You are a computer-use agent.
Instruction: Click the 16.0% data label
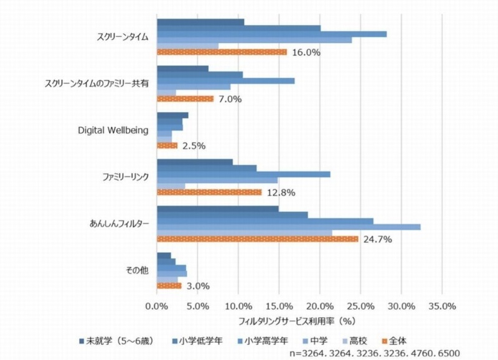(x=306, y=53)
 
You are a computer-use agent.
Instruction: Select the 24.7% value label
(x=377, y=239)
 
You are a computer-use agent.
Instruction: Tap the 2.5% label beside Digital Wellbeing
(x=192, y=146)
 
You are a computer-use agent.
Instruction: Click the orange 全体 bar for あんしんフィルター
(x=257, y=239)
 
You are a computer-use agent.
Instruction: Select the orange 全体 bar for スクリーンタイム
(x=222, y=52)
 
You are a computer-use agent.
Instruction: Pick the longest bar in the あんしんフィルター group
(x=288, y=227)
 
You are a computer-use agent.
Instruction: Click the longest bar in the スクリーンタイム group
(x=271, y=34)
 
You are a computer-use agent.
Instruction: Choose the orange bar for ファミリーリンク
(x=209, y=192)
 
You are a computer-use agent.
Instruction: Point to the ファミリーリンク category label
(x=125, y=177)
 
